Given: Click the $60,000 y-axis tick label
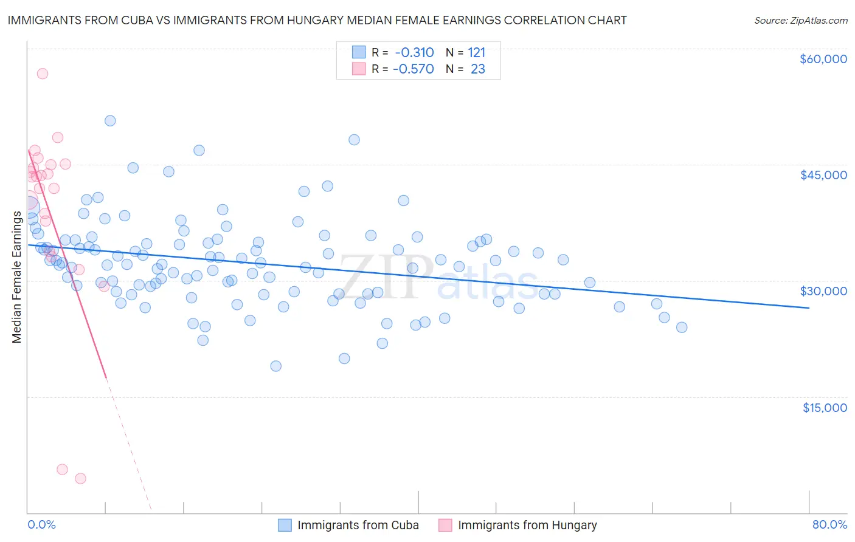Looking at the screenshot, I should (x=823, y=59).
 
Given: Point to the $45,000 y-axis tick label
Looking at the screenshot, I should (x=823, y=175).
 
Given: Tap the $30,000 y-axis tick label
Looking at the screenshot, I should (x=823, y=291).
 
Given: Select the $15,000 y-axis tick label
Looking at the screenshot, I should (x=824, y=407).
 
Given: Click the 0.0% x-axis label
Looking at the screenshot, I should (x=41, y=524).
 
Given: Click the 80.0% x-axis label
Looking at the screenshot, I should (x=829, y=524).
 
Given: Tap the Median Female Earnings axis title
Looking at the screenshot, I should (x=17, y=277).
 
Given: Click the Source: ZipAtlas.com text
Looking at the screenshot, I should (x=800, y=21).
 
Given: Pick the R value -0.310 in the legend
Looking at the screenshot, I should (x=414, y=53).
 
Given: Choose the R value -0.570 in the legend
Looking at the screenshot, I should (x=414, y=69).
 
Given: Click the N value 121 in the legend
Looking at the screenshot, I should (x=477, y=53).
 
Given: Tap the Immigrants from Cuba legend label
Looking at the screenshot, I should (x=358, y=525).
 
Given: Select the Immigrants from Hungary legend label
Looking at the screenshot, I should (x=527, y=525).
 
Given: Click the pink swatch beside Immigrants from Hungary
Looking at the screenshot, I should (x=445, y=525).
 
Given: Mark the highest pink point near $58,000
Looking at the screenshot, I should (x=43, y=74).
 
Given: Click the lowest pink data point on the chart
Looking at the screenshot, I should (x=80, y=478).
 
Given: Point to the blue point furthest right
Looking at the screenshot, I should (x=682, y=328).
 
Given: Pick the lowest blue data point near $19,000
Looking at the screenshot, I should (x=276, y=366).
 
